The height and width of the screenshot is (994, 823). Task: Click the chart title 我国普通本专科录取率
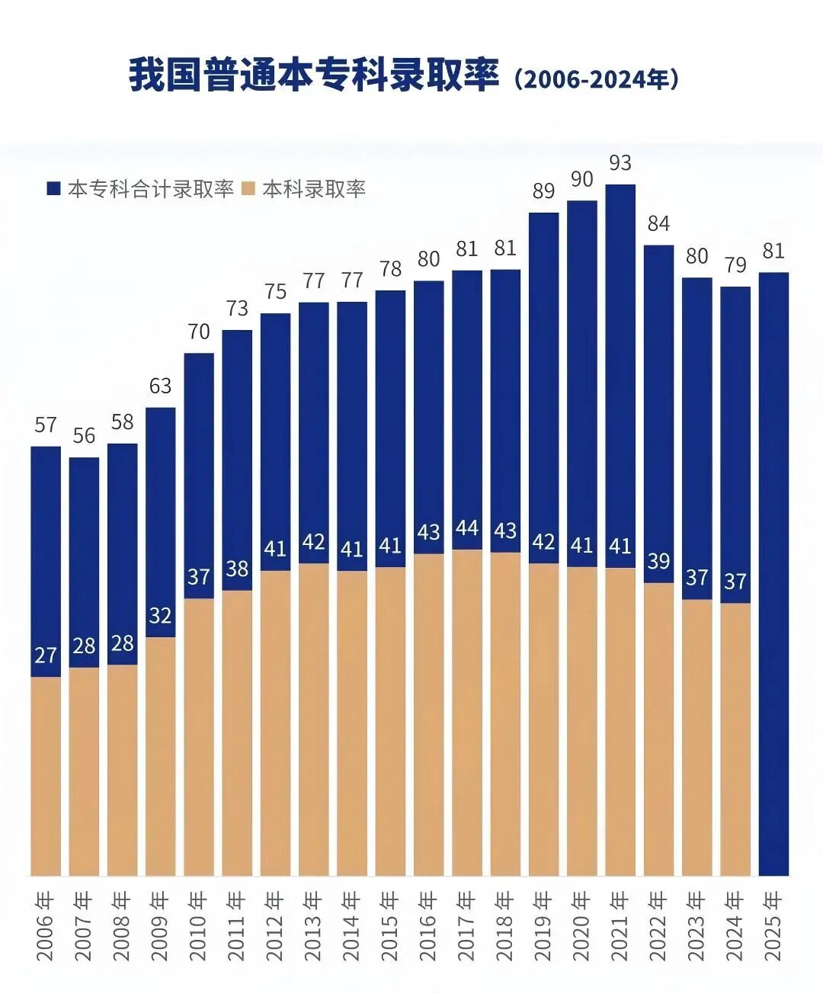313,75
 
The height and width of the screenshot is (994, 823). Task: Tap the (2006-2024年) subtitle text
596,79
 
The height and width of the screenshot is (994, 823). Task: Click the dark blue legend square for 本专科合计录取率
53,188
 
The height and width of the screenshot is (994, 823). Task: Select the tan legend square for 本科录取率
248,188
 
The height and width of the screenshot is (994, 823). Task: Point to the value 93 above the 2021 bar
620,162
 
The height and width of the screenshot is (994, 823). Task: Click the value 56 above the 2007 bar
84,435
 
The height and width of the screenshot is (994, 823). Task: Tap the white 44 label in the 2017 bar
467,528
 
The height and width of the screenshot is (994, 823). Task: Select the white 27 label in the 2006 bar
46,656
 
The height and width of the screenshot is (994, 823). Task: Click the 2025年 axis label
773,926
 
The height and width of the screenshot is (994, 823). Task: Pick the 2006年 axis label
46,926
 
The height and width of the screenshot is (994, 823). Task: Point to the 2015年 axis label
390,926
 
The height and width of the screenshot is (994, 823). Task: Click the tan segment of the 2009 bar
160,755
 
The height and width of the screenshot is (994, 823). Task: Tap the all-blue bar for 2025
773,572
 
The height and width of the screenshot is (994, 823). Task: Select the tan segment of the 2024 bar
735,739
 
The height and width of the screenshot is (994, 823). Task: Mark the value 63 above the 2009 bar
160,386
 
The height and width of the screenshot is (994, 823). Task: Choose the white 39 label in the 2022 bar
658,561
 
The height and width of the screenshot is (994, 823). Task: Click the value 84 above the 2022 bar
658,223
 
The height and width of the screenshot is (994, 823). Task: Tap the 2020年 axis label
581,926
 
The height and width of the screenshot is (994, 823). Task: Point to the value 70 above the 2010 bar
198,332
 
